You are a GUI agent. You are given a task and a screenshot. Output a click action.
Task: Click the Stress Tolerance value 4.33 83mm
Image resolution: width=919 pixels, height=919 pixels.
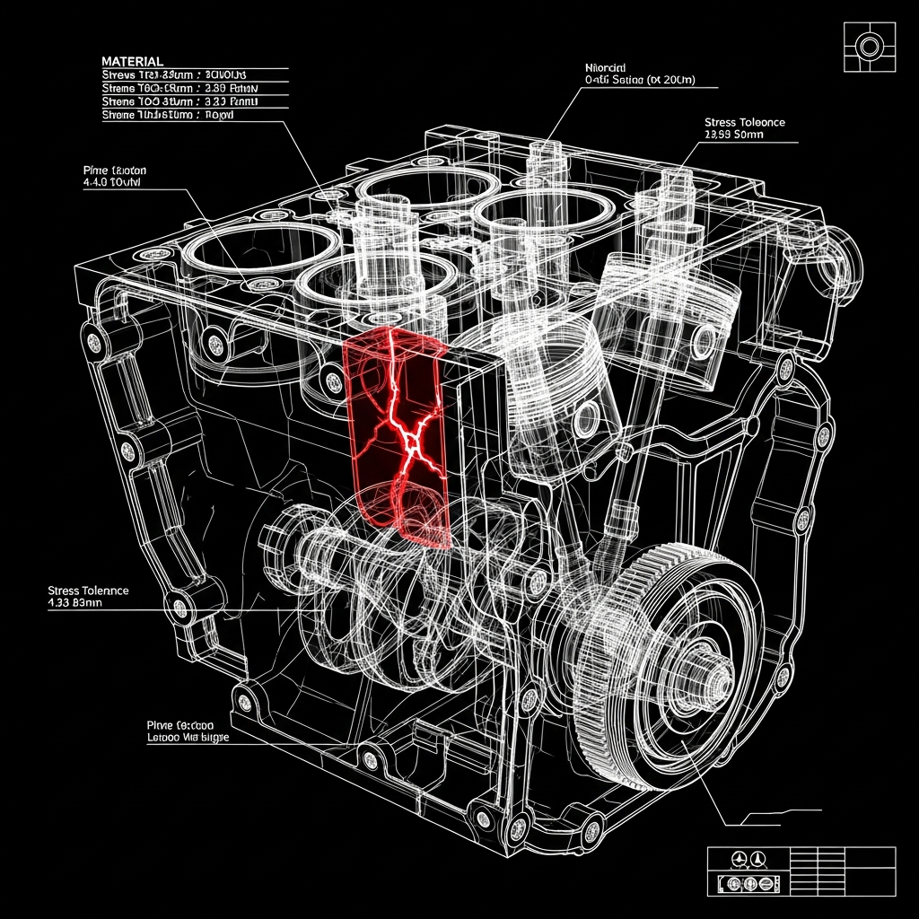point(76,604)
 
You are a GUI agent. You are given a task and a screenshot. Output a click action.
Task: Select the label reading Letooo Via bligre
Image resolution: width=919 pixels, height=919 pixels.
point(188,737)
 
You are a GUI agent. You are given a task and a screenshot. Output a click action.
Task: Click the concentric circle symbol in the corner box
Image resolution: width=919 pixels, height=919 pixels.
point(870,47)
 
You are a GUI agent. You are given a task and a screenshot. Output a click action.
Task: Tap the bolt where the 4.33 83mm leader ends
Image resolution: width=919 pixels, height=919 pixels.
point(179,609)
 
